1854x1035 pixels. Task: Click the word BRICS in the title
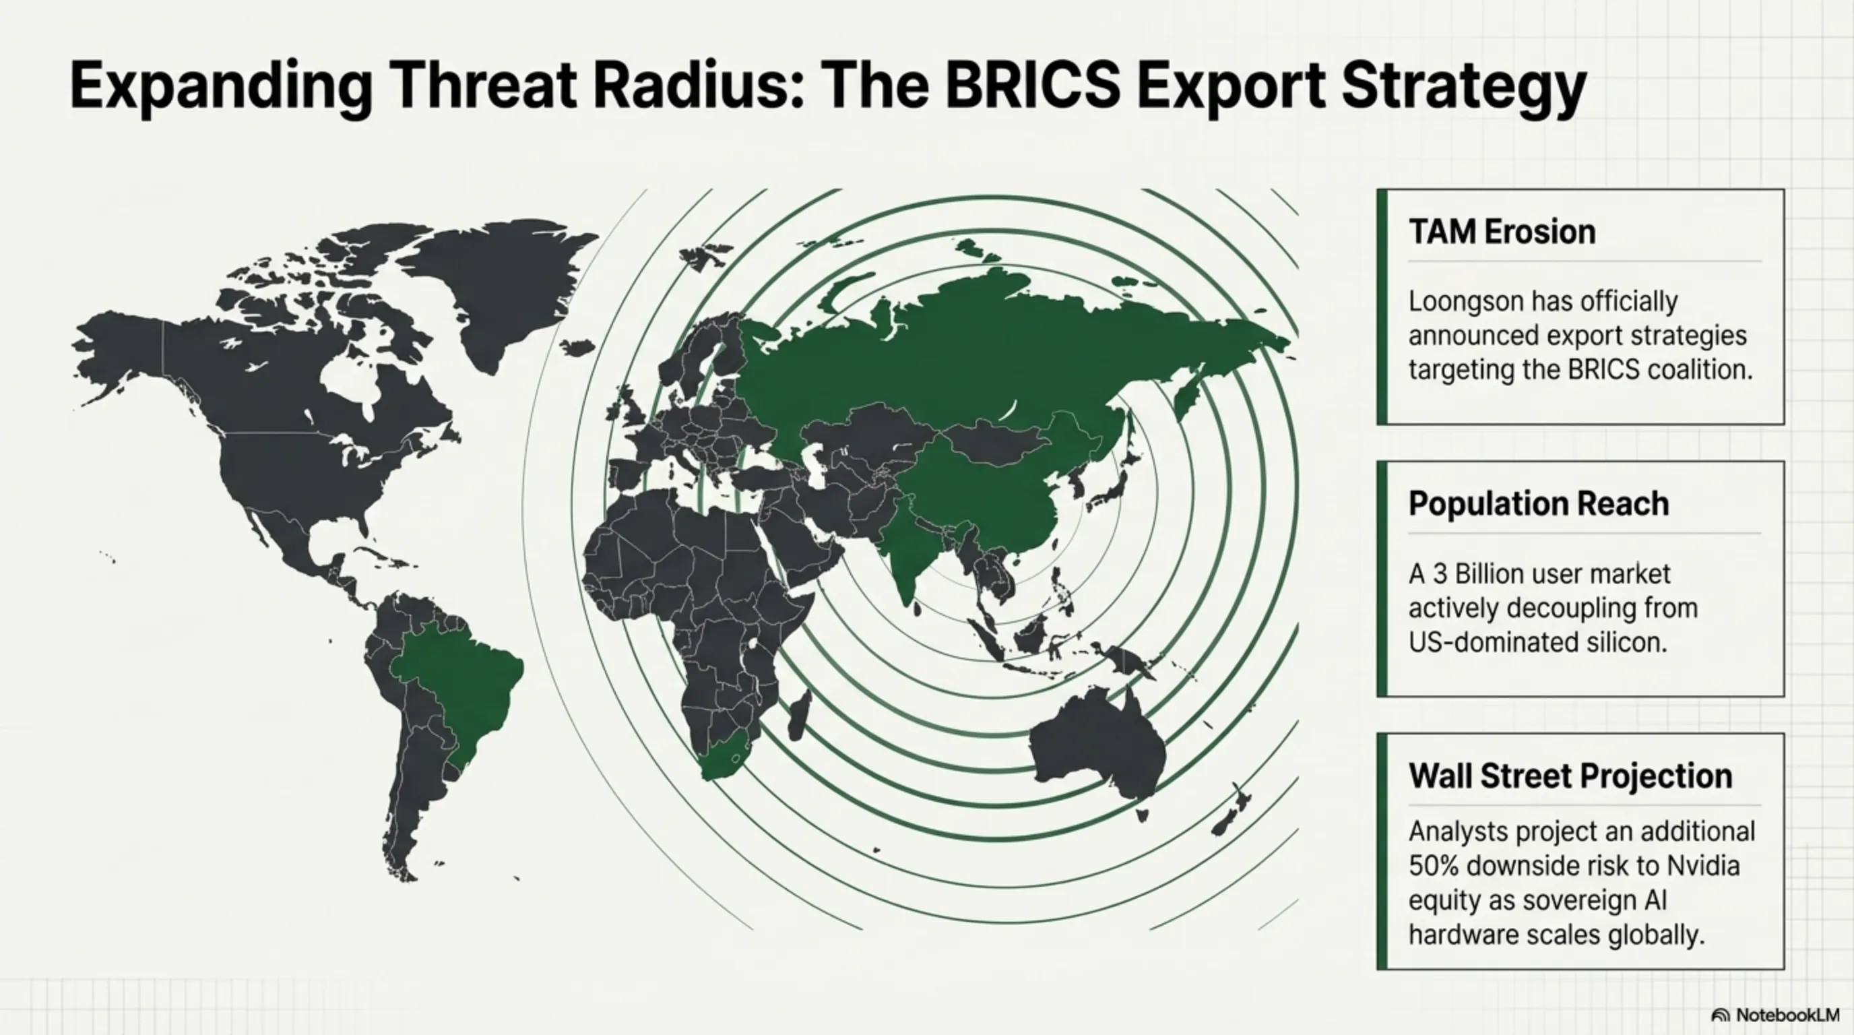coord(1033,85)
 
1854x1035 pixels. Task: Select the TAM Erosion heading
coord(1502,232)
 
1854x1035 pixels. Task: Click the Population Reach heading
coord(1539,503)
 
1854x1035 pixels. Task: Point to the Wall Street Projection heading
coord(1570,775)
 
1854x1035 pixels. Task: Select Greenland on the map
coord(500,288)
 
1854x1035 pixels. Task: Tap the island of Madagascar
coord(800,716)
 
